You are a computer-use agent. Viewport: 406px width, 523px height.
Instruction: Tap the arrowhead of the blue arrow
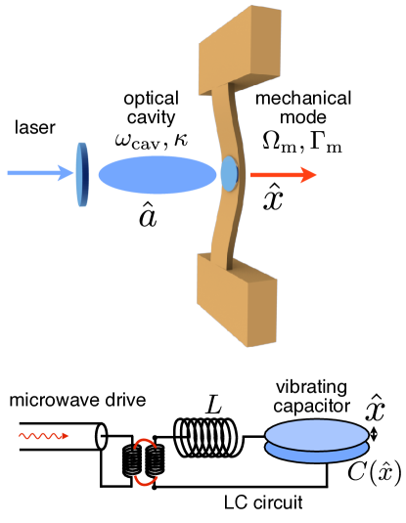tap(67, 173)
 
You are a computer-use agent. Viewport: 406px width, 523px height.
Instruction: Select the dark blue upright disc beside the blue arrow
tap(82, 175)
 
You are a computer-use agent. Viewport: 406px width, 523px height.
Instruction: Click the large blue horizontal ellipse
tap(158, 175)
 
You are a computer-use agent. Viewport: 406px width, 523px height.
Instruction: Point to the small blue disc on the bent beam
tap(229, 174)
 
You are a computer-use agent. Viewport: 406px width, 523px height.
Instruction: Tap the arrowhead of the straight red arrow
tap(309, 175)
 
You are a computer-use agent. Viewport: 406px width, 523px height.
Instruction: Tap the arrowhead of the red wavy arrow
tap(66, 436)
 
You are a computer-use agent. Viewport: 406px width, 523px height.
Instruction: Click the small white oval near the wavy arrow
tap(102, 437)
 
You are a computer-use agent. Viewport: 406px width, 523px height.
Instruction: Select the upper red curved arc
tap(145, 443)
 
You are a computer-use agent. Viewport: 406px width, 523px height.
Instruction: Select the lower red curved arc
tap(146, 480)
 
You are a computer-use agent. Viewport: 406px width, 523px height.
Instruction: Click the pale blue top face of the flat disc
tap(317, 434)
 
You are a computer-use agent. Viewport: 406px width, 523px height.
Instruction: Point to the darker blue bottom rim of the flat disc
tap(317, 456)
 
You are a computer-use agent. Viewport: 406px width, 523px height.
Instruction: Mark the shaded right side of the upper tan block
tap(266, 44)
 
